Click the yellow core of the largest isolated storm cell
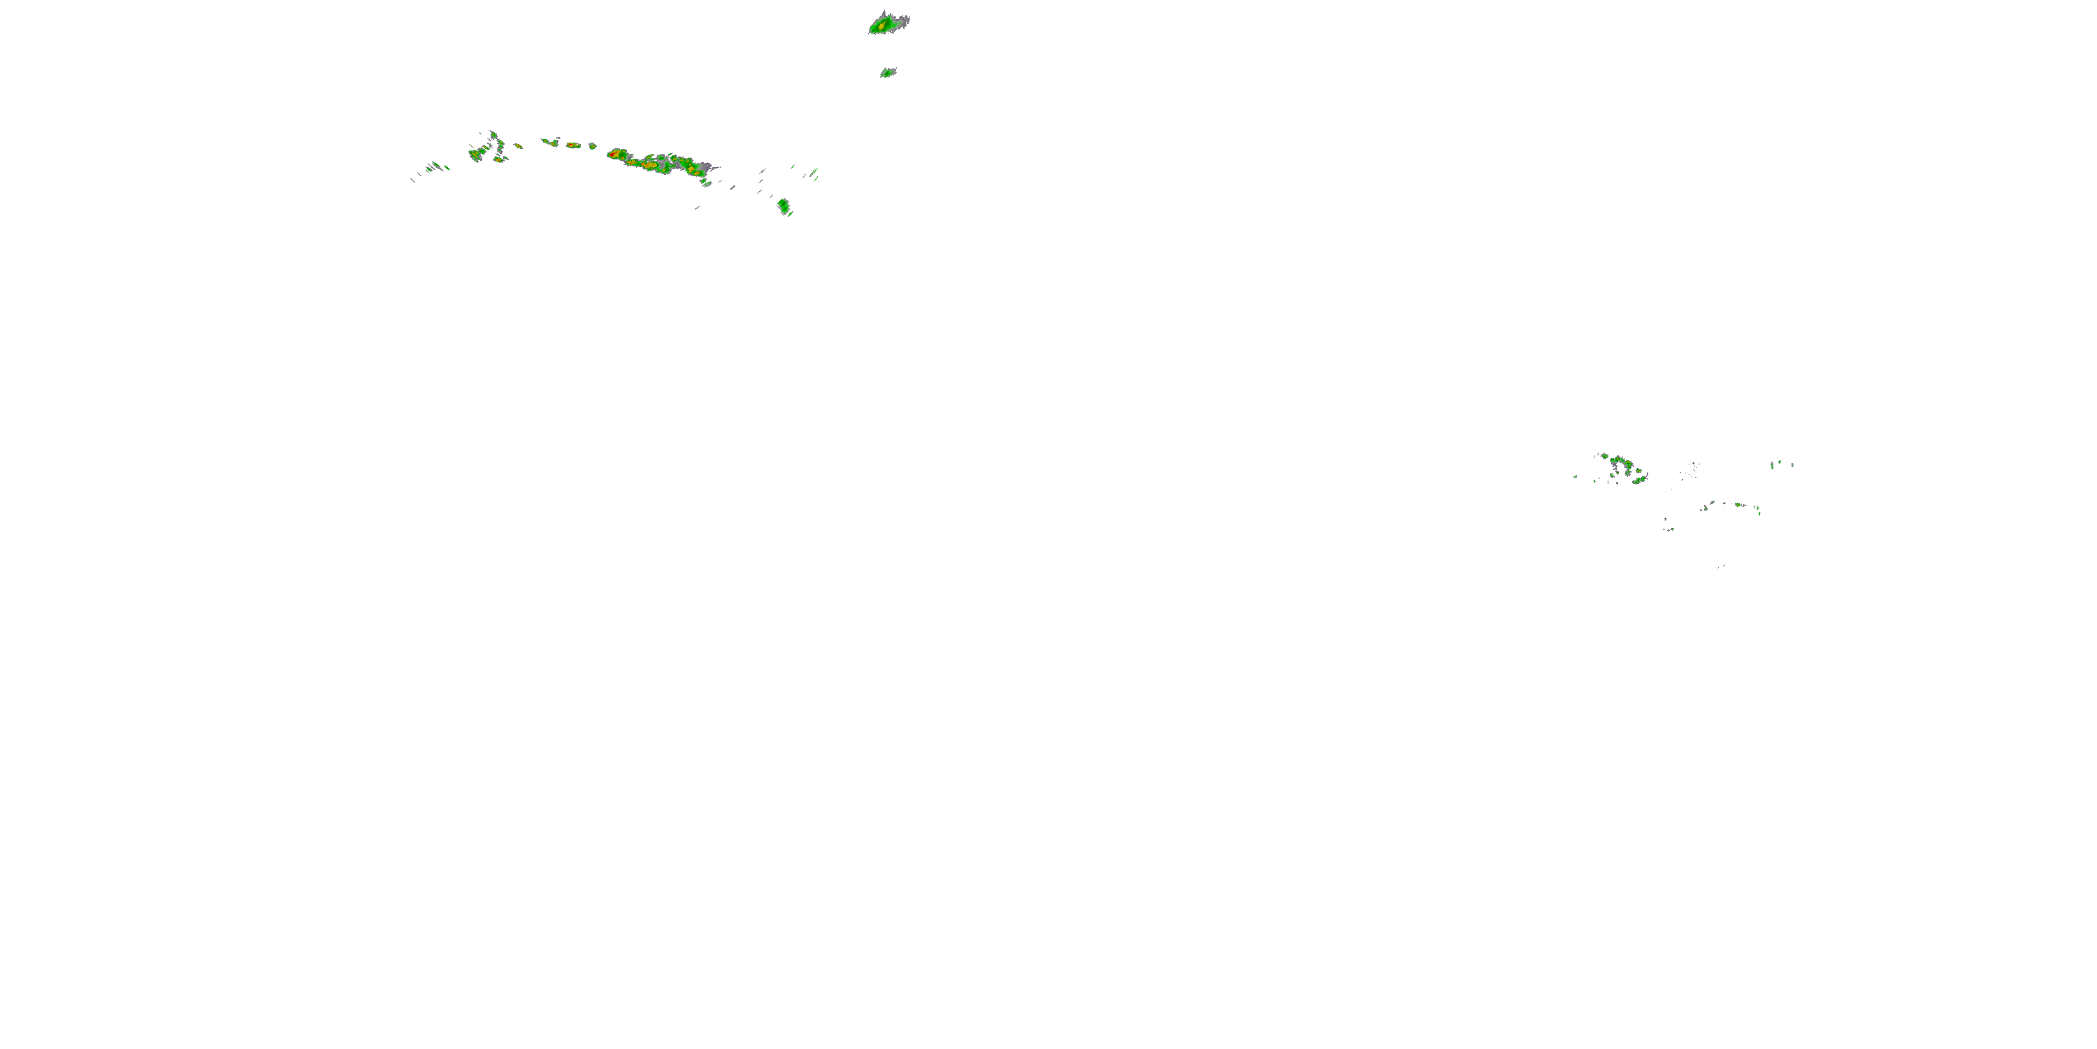881,25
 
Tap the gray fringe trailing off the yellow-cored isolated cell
902,18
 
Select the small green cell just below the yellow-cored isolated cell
887,73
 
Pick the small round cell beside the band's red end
593,145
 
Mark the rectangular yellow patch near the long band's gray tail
698,169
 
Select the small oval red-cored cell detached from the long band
573,145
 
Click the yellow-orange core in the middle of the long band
649,164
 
